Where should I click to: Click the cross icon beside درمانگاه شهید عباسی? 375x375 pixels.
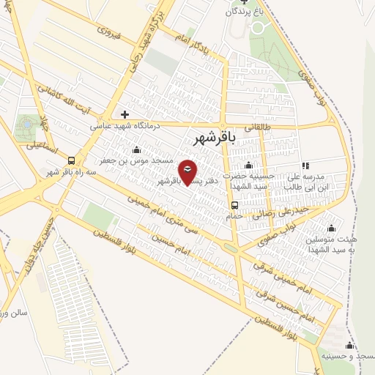[125, 114]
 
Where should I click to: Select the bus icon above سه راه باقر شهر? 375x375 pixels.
[71, 160]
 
